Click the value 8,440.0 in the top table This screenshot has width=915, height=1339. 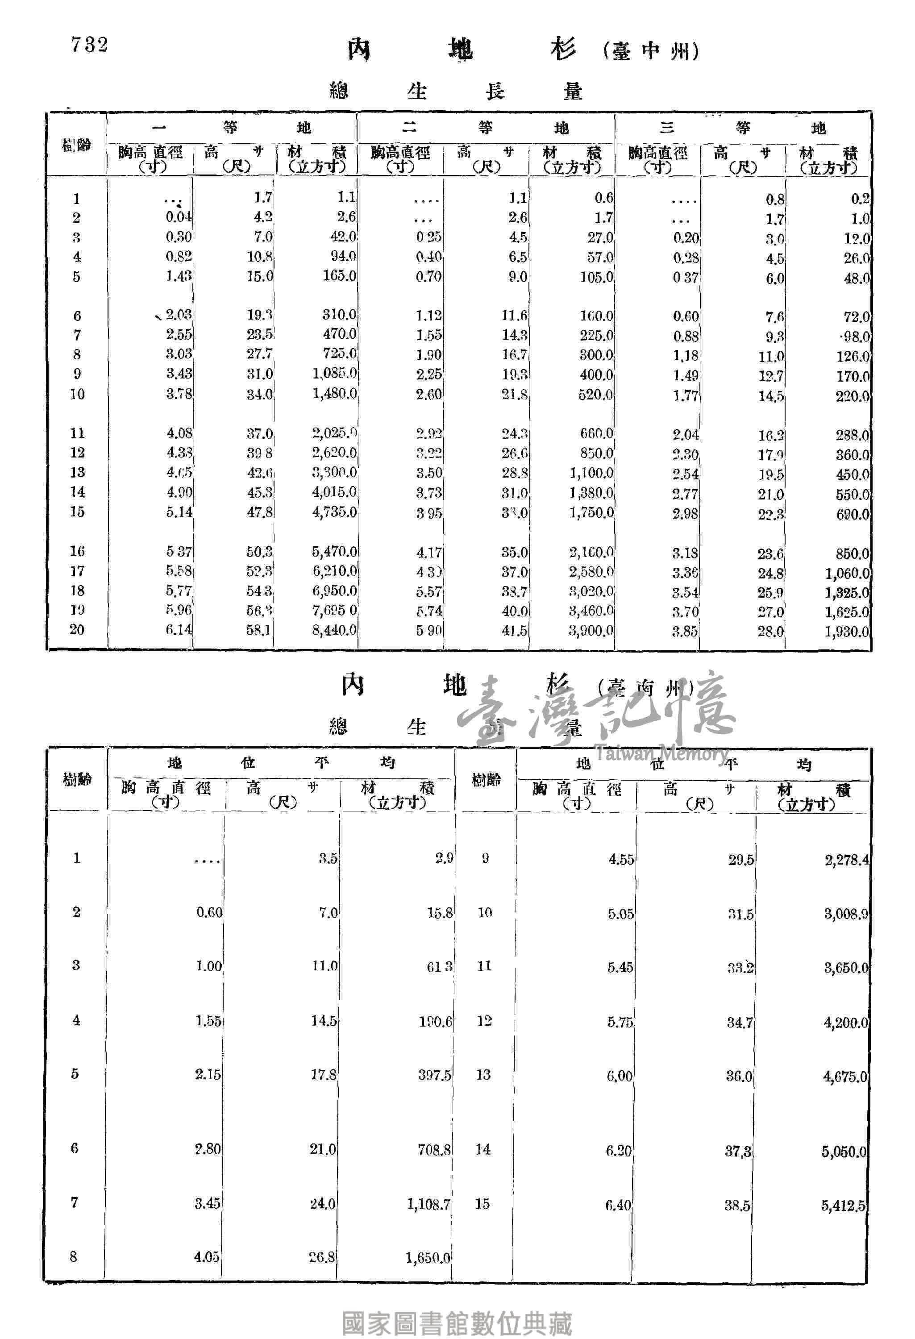pos(334,630)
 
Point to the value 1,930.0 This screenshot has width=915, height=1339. pos(846,632)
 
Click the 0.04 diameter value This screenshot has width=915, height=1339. pos(179,217)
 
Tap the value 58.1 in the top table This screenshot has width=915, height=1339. pos(259,630)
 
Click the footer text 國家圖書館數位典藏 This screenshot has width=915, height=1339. pos(457,1323)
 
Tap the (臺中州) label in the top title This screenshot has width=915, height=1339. pos(651,51)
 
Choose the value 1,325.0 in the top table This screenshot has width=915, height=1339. pos(846,592)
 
